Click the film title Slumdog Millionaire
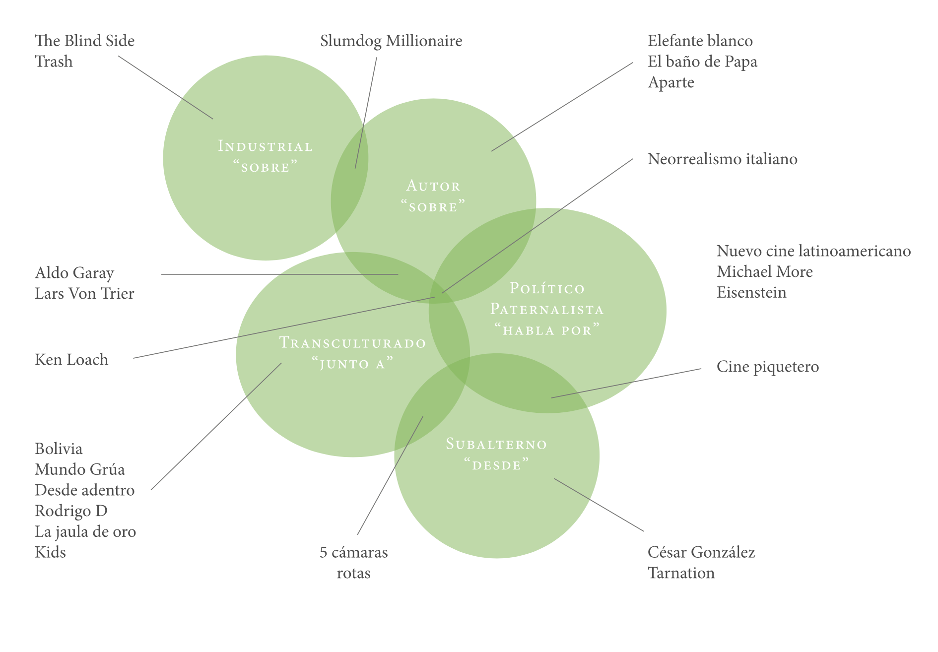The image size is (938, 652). point(391,41)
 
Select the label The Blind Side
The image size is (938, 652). point(85,41)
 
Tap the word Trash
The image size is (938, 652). point(54,62)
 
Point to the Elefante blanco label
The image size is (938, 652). point(700,41)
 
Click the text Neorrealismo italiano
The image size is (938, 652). point(722,159)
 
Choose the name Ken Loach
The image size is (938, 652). point(71,360)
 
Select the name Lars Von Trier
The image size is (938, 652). point(84,294)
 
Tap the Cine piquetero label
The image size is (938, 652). point(767,367)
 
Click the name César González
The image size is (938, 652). point(701,552)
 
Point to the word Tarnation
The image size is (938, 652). point(681,573)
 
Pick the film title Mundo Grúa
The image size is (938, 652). point(80,469)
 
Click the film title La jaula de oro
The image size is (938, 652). point(85,532)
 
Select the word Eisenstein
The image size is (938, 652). point(751,292)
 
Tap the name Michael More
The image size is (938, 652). point(764,272)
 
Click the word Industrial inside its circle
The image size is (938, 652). point(266,146)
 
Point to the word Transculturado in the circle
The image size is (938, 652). point(353,343)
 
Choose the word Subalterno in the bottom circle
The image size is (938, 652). point(496,444)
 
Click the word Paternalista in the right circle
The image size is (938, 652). point(547,310)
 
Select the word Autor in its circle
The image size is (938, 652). point(433,186)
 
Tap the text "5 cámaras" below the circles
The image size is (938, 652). point(353,552)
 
